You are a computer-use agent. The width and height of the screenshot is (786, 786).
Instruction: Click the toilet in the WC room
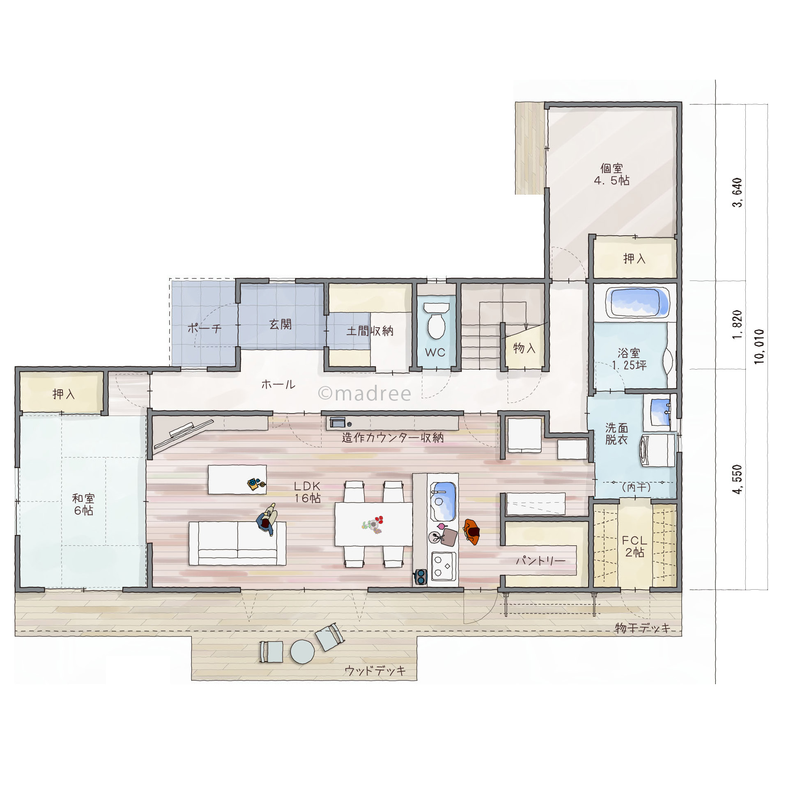coord(436,320)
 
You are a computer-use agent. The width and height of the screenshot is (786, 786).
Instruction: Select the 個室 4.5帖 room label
coord(611,174)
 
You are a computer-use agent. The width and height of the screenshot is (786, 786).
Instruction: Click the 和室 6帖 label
coord(83,504)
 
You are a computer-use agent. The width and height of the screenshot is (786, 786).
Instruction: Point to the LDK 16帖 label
coord(307,492)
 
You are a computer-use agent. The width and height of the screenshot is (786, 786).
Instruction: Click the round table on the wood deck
coord(302,652)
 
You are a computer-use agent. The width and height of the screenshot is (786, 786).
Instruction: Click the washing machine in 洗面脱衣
coord(657,450)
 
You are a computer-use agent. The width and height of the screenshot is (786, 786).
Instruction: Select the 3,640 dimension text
coord(738,192)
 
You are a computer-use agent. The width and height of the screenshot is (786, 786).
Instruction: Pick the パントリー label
coord(540,560)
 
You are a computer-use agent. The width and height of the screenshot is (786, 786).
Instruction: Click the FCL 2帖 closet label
coord(634,546)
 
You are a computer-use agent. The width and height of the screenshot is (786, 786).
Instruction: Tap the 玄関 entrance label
coord(280,324)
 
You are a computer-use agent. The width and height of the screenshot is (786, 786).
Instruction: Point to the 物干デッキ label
coord(642,628)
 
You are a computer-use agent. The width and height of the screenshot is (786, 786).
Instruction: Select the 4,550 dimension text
coord(738,479)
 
